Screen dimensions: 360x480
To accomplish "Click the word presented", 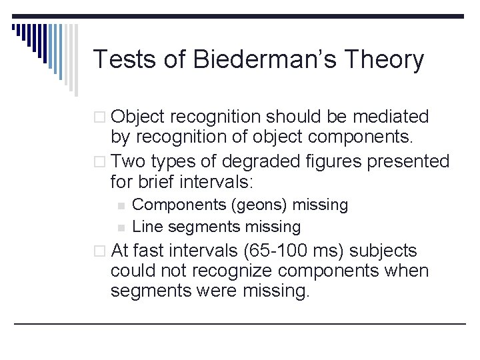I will pos(410,161).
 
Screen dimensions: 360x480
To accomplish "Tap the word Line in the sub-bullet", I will pos(148,227).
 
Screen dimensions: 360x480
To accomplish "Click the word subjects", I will pos(385,251).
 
